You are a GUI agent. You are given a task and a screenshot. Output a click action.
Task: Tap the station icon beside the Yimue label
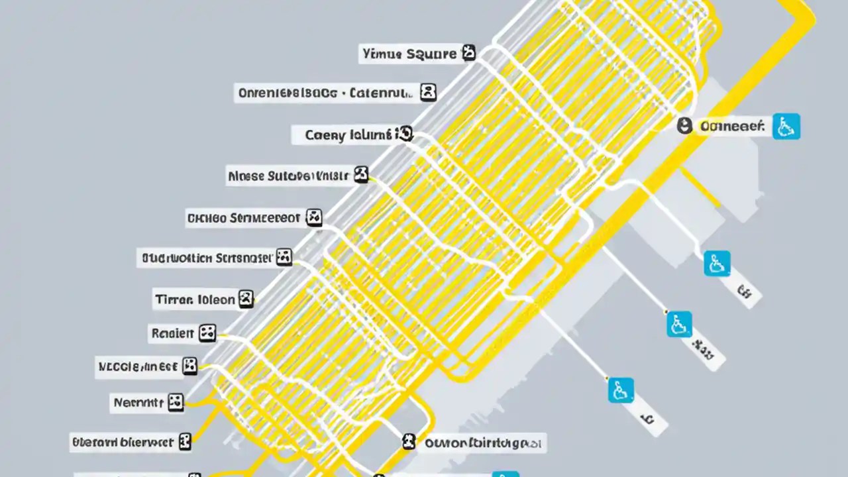tap(468, 53)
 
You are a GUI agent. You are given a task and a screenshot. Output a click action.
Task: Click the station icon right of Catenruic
tap(429, 92)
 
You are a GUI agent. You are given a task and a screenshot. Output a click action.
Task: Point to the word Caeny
tap(325, 135)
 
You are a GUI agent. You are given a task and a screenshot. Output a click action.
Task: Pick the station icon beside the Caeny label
tap(403, 134)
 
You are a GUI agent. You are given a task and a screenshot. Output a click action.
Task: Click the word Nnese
tap(246, 176)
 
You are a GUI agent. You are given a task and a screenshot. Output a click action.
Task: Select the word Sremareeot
tap(264, 217)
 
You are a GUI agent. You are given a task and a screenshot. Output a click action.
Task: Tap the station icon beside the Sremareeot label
tap(313, 217)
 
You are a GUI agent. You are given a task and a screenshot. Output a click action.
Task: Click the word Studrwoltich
tap(177, 258)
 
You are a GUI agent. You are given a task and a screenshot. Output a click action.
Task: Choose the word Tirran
tap(174, 299)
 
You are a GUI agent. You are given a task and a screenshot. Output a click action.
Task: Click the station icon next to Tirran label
tap(246, 299)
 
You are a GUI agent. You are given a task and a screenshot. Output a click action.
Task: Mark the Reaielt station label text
tap(172, 333)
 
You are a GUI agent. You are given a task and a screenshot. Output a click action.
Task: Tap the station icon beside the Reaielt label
tap(207, 333)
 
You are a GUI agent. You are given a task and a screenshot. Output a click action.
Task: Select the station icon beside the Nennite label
tap(175, 401)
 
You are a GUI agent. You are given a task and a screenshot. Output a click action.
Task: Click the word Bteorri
tap(95, 442)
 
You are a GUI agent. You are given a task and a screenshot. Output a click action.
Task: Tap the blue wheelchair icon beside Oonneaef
tap(786, 126)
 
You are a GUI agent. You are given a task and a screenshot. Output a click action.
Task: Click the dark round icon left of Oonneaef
tap(684, 126)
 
